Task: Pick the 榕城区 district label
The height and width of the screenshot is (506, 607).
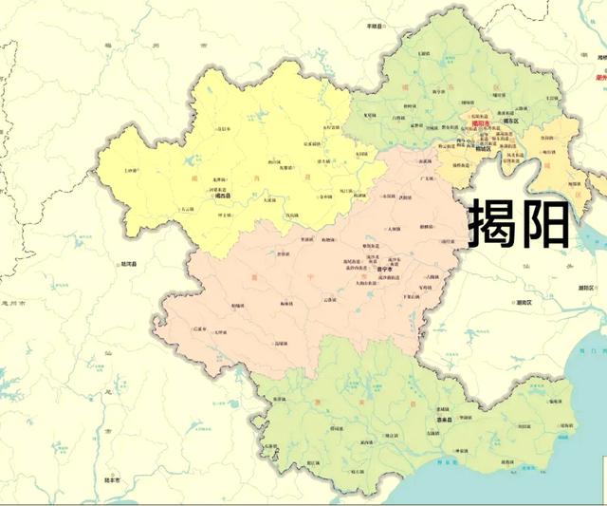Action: pyautogui.click(x=483, y=149)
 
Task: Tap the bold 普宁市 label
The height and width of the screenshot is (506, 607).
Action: pyautogui.click(x=359, y=269)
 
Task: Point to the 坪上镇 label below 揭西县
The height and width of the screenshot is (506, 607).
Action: pyautogui.click(x=227, y=216)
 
